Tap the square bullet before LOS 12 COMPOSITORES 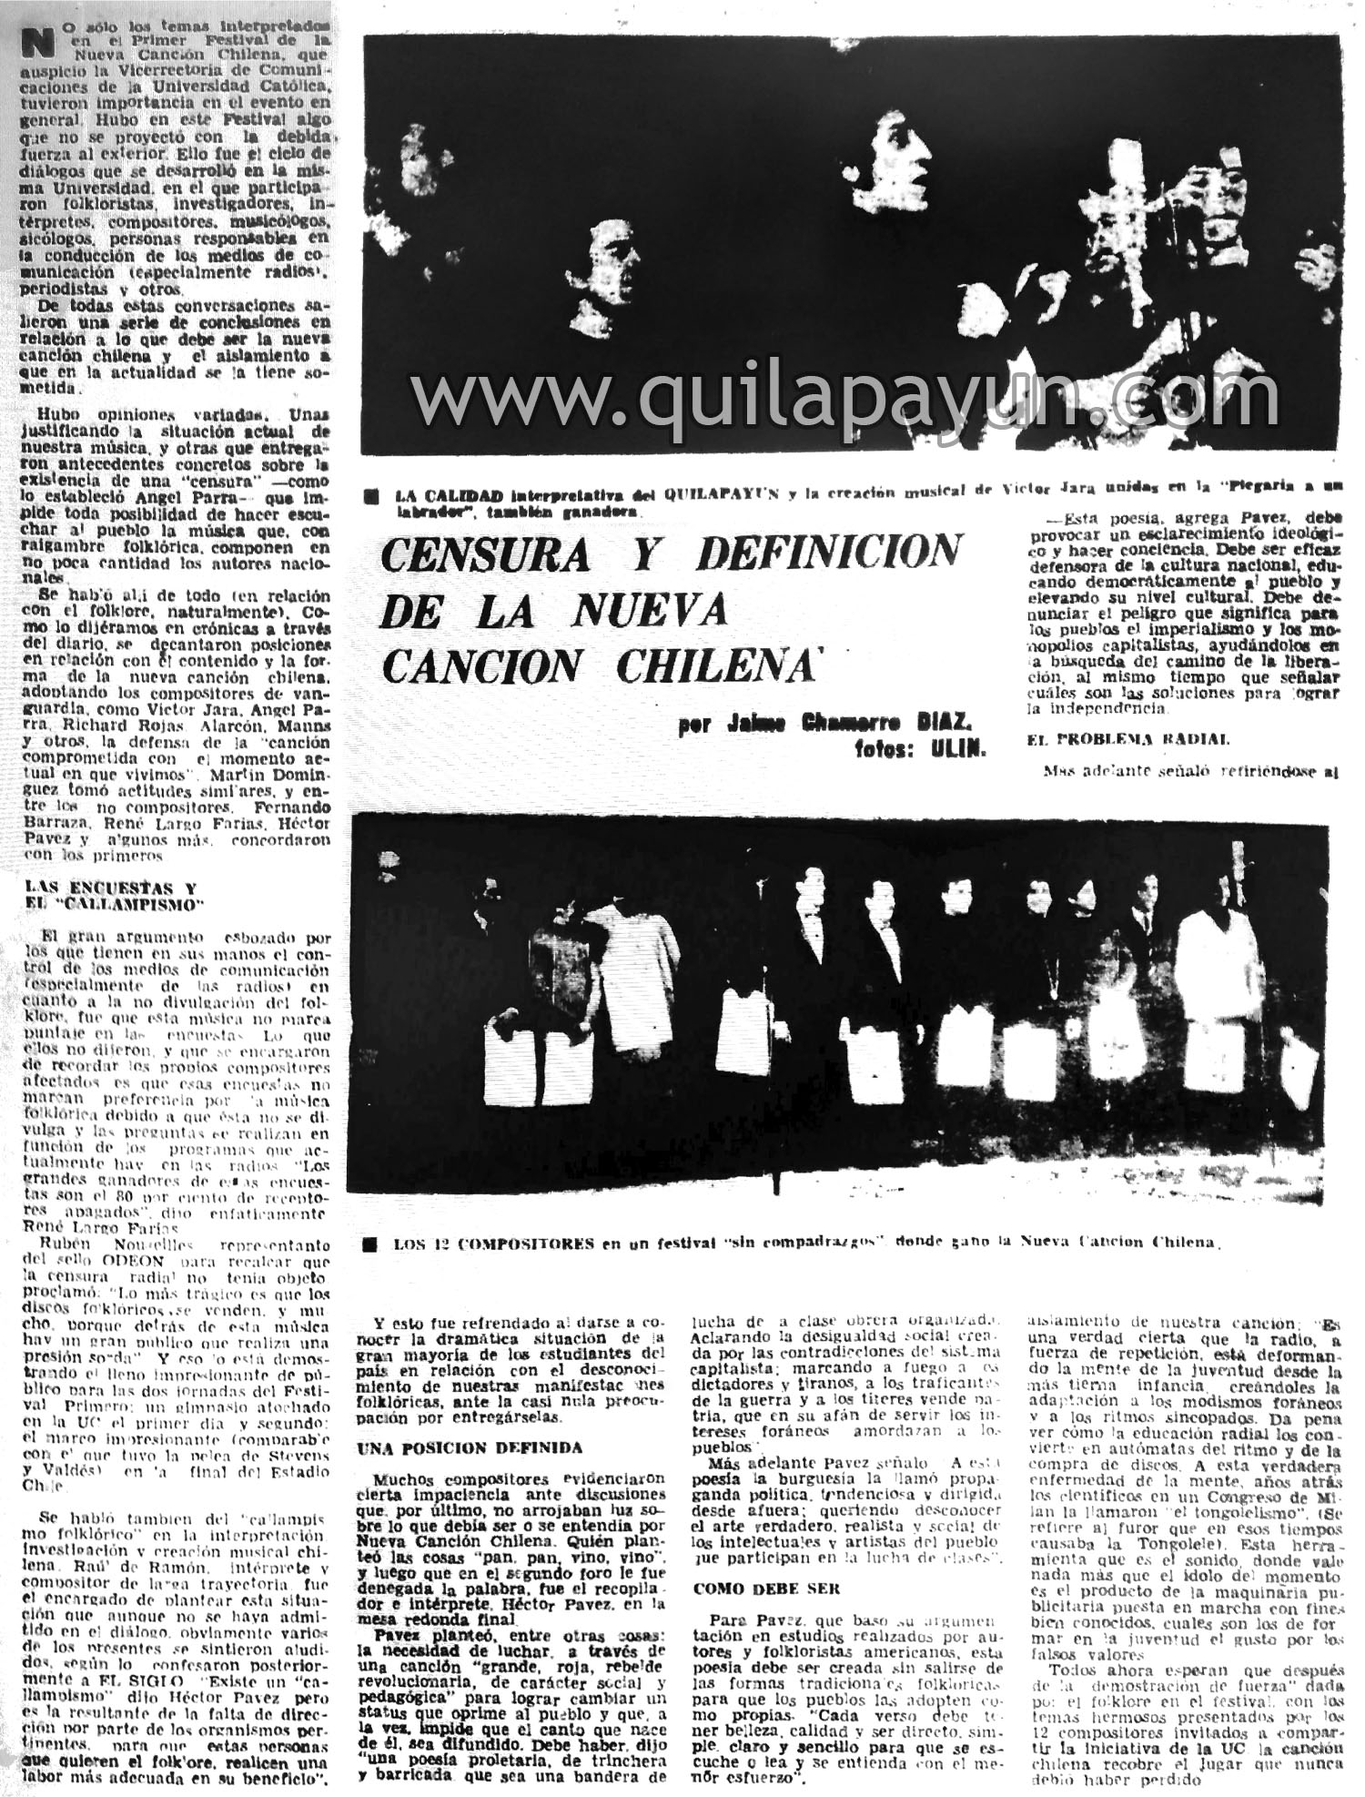click(x=368, y=1244)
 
